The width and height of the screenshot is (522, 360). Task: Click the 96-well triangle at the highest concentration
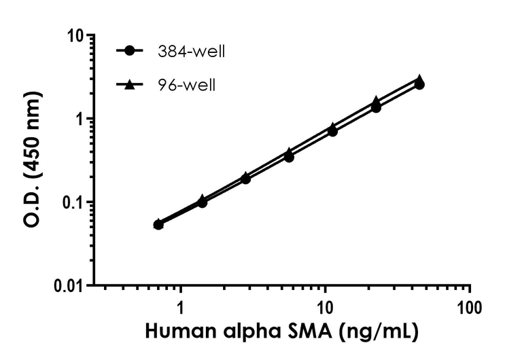[420, 79]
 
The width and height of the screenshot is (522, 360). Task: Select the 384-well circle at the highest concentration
[419, 85]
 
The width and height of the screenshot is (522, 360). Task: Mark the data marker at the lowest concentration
[158, 224]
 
